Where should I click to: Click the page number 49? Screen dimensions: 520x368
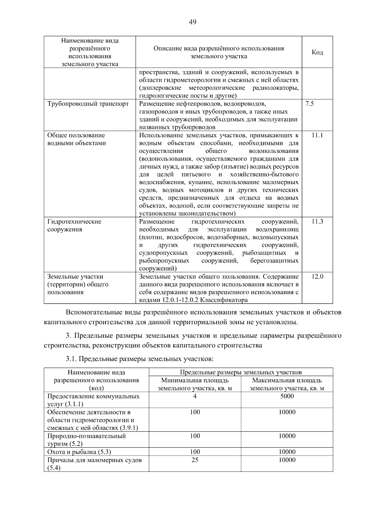(x=193, y=22)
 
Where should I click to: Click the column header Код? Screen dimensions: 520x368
(x=317, y=52)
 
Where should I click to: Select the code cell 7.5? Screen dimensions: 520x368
(x=309, y=104)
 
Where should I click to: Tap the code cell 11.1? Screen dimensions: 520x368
(x=317, y=135)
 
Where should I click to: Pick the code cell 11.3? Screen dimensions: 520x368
(x=317, y=222)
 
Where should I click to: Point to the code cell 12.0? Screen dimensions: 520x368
(x=317, y=277)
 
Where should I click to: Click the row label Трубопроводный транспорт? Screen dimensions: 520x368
(x=88, y=104)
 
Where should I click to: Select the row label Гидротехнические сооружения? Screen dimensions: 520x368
(x=74, y=226)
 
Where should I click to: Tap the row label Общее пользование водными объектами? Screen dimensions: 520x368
(x=76, y=139)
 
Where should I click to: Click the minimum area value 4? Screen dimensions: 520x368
(x=195, y=396)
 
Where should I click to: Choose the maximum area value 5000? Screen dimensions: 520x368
(x=287, y=396)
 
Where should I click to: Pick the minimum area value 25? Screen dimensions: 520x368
(x=195, y=460)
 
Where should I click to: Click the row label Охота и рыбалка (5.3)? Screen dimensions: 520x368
(x=79, y=452)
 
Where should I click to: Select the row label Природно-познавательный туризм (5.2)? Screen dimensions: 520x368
(x=86, y=440)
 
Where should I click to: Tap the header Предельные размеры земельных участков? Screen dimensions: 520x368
(x=241, y=372)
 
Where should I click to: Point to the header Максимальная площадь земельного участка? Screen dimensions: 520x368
(x=287, y=384)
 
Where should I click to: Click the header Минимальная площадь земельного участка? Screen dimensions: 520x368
(x=195, y=384)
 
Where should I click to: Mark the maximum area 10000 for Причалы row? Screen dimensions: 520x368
(x=287, y=460)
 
